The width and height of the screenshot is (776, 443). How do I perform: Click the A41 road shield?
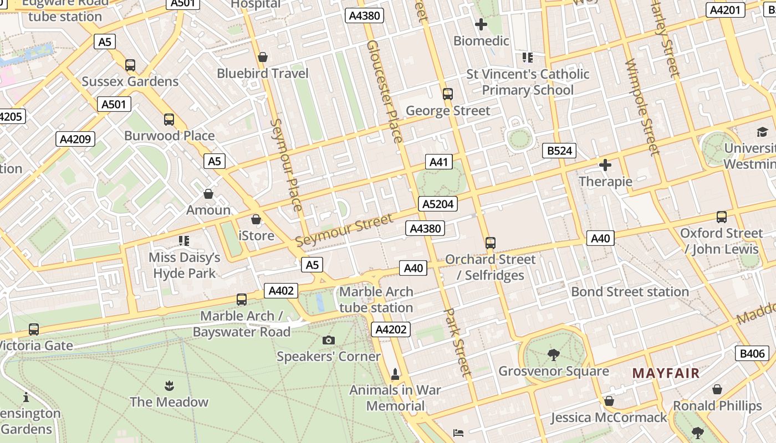tap(438, 162)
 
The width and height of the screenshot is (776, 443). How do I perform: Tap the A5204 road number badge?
tap(438, 204)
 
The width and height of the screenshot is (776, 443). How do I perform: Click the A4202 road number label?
tap(391, 329)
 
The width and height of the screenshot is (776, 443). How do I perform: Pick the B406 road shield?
tap(752, 353)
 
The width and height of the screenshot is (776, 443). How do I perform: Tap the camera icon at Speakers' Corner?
tap(329, 340)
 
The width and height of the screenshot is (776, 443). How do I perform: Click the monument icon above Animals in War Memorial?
tap(395, 374)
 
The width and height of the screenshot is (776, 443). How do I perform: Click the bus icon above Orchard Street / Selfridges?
tap(491, 243)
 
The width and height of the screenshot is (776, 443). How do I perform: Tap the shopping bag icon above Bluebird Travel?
tap(263, 57)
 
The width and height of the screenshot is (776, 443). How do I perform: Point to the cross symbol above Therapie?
tap(605, 165)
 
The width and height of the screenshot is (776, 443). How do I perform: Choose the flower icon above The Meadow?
tap(169, 385)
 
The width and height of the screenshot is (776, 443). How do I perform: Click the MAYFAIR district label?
tap(666, 373)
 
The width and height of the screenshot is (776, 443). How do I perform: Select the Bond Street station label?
tap(630, 291)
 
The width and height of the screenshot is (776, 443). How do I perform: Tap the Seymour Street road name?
tap(344, 230)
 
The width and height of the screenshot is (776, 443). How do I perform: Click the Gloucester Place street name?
tap(385, 91)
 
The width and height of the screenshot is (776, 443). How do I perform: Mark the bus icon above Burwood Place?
tap(169, 120)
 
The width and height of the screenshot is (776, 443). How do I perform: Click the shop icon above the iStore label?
tap(256, 220)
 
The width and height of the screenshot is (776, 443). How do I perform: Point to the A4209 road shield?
tap(75, 138)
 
